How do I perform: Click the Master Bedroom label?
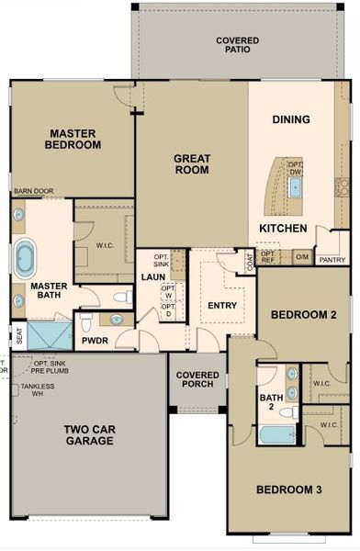coord(74,139)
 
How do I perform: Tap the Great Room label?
coord(192,163)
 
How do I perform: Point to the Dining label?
coord(291,119)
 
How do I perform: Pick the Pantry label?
coord(332,260)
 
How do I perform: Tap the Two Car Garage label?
coord(89,434)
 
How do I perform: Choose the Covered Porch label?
coord(197,379)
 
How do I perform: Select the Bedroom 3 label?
coord(288,489)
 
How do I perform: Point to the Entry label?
coord(222,306)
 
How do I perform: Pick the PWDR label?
coord(96,341)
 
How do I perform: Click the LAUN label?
coord(152,276)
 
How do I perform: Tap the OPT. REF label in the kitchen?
coord(268,257)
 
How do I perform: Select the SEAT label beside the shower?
coord(19,335)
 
